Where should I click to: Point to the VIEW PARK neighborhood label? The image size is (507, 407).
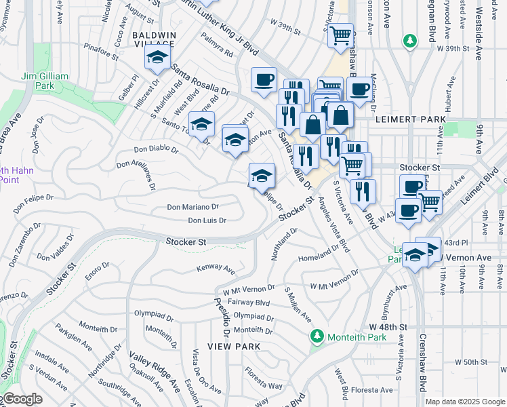[234, 346]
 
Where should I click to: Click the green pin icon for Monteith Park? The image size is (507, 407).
[317, 336]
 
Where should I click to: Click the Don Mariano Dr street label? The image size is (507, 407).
[193, 207]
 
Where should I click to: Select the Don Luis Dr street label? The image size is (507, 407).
[206, 220]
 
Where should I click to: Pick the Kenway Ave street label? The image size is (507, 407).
[215, 269]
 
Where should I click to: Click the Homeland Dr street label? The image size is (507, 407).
[318, 258]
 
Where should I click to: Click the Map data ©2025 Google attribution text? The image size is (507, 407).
[464, 402]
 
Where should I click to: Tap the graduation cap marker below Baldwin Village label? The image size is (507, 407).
[158, 61]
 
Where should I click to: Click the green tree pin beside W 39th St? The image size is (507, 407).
[409, 41]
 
